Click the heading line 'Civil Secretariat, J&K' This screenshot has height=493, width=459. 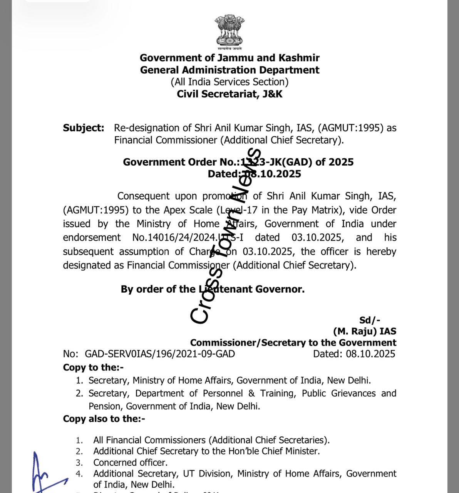(x=229, y=94)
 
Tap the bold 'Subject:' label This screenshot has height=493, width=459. (x=84, y=128)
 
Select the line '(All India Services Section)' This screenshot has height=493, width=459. (x=229, y=82)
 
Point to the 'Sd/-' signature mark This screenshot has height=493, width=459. (x=370, y=320)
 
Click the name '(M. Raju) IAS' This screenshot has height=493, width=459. (x=365, y=331)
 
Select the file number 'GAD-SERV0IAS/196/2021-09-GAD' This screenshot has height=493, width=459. (x=160, y=354)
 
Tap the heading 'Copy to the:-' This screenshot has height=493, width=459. (x=93, y=367)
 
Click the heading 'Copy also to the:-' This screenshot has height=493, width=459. (x=104, y=419)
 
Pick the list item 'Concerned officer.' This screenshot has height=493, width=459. (x=130, y=462)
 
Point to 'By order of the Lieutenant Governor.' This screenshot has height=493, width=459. (x=213, y=289)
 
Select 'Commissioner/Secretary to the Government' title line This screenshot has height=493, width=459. (x=293, y=343)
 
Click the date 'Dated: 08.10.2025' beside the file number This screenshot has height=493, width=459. (x=354, y=354)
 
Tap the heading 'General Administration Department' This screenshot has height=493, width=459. (x=229, y=70)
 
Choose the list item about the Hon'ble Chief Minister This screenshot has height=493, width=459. (x=206, y=451)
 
